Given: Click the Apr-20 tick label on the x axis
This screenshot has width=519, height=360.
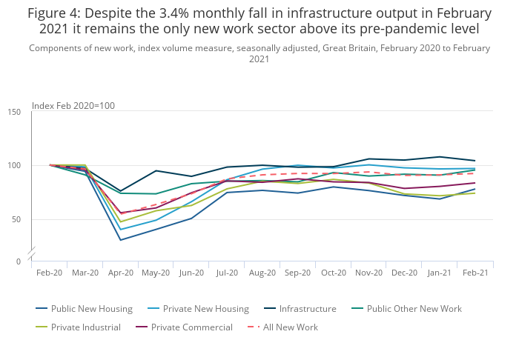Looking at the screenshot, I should [121, 273].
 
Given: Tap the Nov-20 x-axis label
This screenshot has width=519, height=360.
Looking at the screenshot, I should [369, 273].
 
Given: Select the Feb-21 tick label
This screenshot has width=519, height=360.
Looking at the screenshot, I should [475, 273].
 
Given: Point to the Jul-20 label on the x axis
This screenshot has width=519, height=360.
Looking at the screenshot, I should [228, 273].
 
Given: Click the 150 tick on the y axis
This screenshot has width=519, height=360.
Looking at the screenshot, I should [14, 112].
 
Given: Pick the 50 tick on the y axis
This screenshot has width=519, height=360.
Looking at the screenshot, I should [16, 220].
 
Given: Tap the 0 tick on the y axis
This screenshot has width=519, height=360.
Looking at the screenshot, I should [19, 261].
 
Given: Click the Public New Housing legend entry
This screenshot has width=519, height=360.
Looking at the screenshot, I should [92, 309].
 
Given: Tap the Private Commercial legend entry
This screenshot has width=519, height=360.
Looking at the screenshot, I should [191, 327].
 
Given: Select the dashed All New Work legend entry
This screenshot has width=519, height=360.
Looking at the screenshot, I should [289, 327].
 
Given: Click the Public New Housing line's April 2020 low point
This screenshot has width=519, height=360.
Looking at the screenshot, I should [121, 240].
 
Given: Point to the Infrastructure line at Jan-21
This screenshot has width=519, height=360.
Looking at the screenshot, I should [440, 157].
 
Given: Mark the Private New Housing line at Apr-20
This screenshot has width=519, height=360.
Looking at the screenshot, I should [121, 230].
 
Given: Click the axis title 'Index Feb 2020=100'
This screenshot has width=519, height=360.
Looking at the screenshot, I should [73, 106].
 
